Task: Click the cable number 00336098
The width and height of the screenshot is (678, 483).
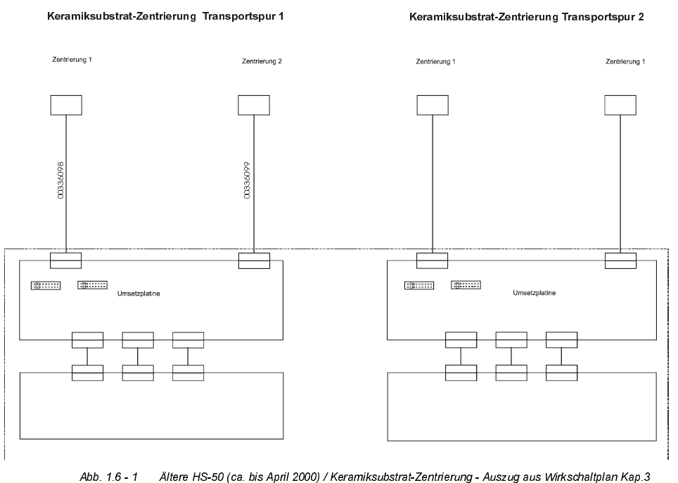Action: click(60, 180)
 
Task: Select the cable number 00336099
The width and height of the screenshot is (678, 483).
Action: click(248, 180)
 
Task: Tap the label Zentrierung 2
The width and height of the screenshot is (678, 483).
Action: click(261, 61)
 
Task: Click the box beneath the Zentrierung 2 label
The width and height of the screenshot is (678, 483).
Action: click(254, 105)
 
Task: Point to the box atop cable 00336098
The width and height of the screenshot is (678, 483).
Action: click(66, 105)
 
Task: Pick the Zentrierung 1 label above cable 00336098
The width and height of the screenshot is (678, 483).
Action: click(72, 60)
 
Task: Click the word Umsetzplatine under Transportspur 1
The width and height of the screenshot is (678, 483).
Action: click(139, 294)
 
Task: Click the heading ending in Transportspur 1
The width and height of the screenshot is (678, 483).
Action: click(165, 14)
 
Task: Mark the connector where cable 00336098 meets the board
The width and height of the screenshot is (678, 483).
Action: click(66, 260)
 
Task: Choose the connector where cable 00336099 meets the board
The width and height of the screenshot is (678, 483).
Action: click(254, 260)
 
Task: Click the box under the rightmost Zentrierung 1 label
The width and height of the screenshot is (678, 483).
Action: click(620, 105)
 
